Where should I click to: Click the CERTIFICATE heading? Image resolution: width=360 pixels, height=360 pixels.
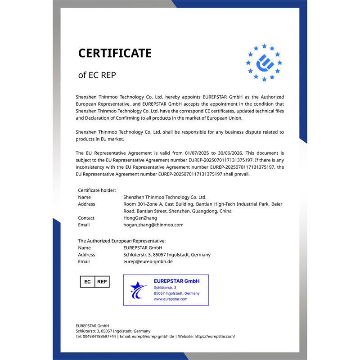click(115, 53)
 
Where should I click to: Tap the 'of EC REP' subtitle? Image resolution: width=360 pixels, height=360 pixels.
click(97, 75)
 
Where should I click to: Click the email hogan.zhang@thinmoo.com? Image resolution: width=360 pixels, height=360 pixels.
click(153, 225)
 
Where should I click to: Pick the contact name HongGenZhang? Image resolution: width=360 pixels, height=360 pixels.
click(140, 218)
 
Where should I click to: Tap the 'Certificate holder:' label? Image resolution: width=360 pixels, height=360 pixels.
click(97, 190)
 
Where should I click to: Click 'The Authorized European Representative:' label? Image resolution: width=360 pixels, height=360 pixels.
click(121, 241)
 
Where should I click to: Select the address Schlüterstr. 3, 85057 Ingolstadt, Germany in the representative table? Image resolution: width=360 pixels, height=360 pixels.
click(166, 255)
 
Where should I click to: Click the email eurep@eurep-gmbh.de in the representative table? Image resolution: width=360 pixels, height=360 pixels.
click(148, 261)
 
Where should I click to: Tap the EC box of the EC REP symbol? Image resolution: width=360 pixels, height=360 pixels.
click(87, 282)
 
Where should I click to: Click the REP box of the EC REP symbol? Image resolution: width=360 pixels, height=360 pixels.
click(102, 282)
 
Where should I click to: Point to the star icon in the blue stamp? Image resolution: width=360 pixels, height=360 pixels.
click(138, 290)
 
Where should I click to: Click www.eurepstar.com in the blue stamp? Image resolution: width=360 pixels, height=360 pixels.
click(171, 299)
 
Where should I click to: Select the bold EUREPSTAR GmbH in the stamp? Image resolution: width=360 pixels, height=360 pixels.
click(176, 281)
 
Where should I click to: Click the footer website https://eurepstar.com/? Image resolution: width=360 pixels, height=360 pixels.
click(215, 336)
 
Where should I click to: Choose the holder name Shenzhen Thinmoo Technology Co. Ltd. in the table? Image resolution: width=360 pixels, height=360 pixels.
click(165, 197)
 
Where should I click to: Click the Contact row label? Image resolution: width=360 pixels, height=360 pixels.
click(86, 218)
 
